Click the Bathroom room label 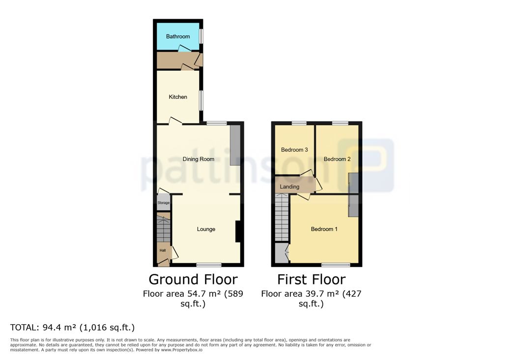pos(178,36)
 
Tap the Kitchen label pos(178,97)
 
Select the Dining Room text pos(199,159)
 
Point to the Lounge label pos(206,229)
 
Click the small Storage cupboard pos(163,202)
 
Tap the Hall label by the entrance pos(163,250)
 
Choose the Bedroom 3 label pos(294,150)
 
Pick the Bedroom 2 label pos(337,159)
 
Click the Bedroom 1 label pos(324,229)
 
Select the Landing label pos(289,187)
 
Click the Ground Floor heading pos(193,279)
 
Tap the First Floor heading pos(312,279)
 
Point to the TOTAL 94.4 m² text pos(72,328)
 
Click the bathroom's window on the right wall pos(201,36)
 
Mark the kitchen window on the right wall pos(201,100)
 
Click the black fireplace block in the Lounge pos(239,231)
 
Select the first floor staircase pos(282,217)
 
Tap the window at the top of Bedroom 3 pos(299,123)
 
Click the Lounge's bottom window pos(209,265)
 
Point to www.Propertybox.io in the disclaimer pos(182,350)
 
